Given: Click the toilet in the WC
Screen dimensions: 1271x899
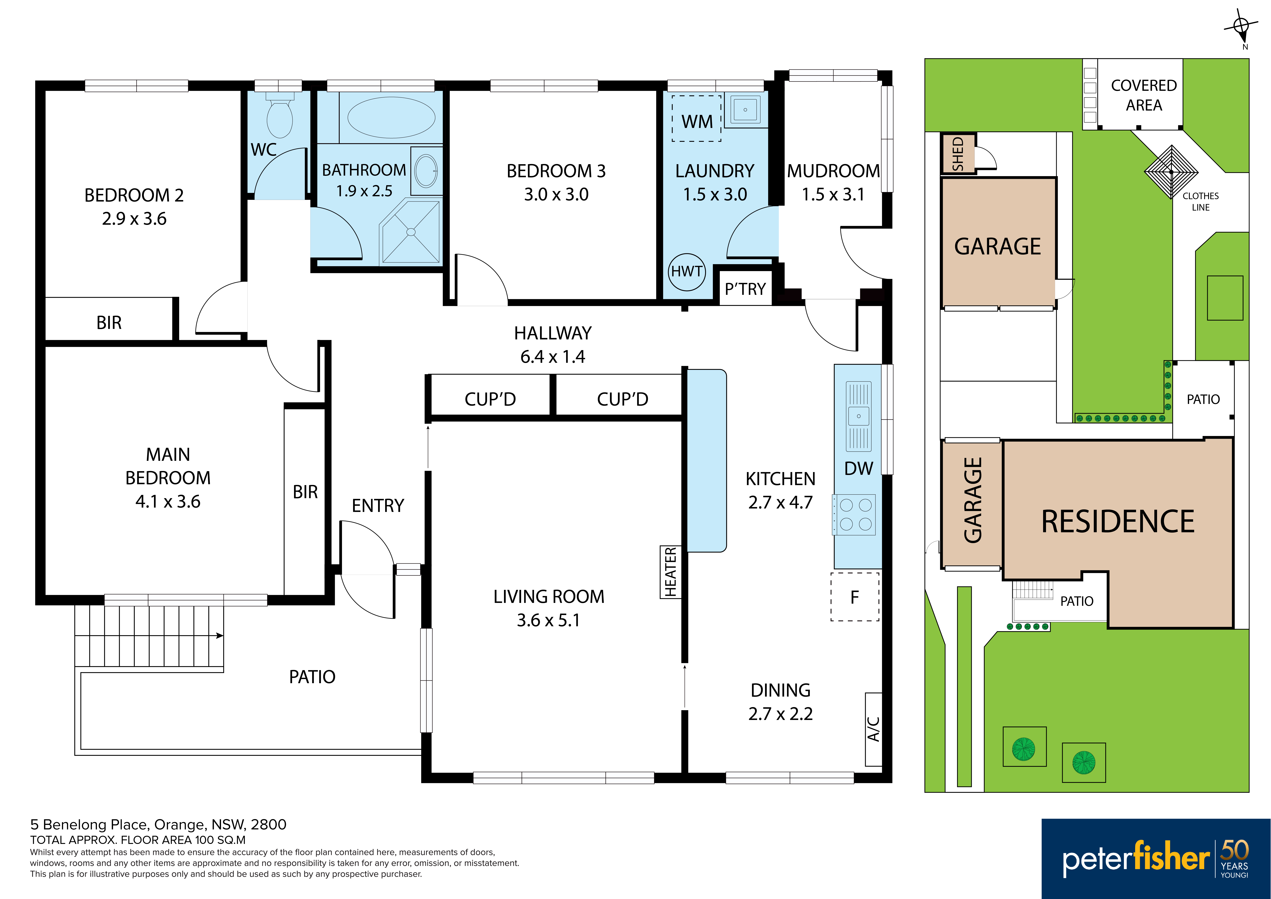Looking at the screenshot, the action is pyautogui.click(x=280, y=115).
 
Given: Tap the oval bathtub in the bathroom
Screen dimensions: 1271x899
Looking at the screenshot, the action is pyautogui.click(x=391, y=117).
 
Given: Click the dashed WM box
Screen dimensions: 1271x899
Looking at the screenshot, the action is pyautogui.click(x=696, y=119).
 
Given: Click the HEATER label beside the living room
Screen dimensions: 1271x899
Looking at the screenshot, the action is pyautogui.click(x=670, y=572).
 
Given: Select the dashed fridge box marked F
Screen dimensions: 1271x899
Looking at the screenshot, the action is pyautogui.click(x=855, y=597).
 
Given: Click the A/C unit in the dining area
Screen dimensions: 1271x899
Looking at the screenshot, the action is pyautogui.click(x=873, y=729).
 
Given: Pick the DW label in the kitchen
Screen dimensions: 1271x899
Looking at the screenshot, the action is pyautogui.click(x=859, y=469).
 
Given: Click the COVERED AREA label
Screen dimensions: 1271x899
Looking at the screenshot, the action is pyautogui.click(x=1144, y=95).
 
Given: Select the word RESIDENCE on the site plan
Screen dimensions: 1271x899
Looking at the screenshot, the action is pyautogui.click(x=1118, y=522).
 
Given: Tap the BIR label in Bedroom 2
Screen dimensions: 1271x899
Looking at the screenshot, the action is pyautogui.click(x=109, y=322).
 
